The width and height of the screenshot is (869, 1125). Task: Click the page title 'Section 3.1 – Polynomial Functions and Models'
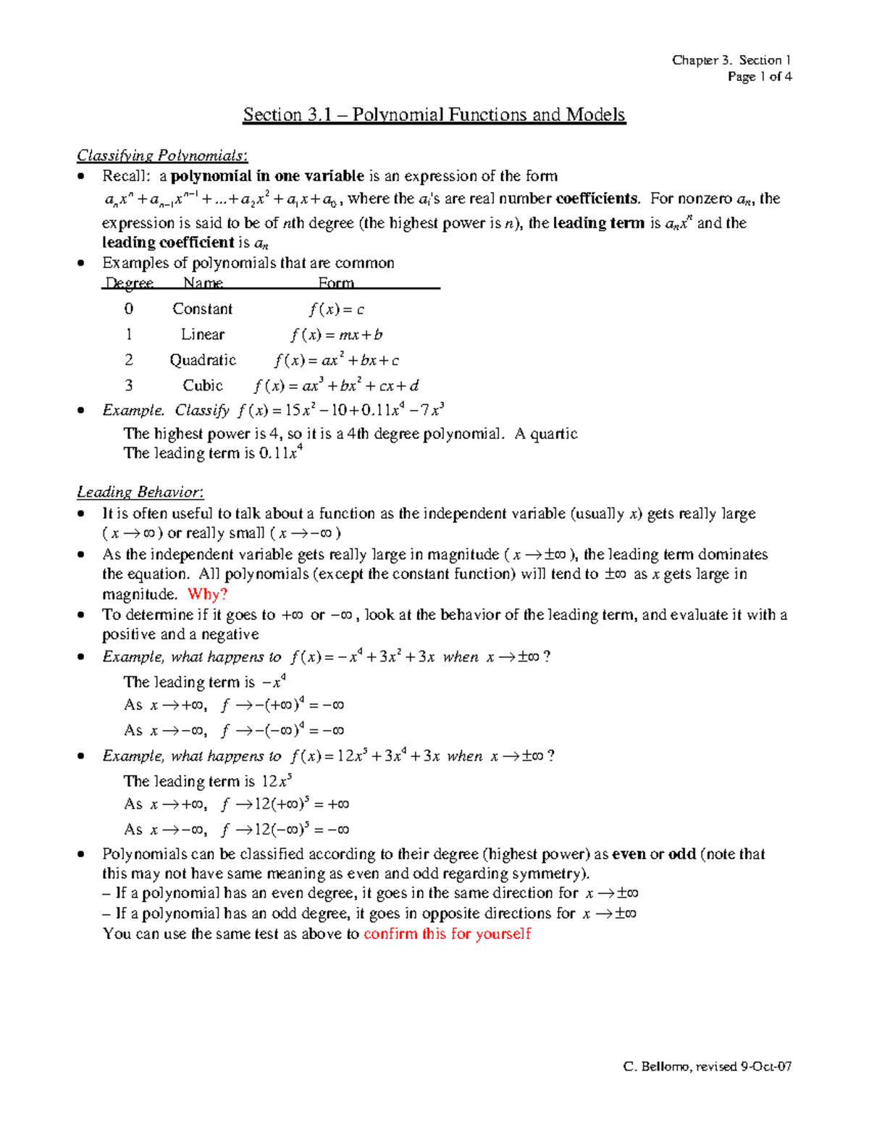[x=434, y=114]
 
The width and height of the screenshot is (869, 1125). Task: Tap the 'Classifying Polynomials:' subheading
[x=162, y=156]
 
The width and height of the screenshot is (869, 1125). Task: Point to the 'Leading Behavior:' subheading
[x=140, y=493]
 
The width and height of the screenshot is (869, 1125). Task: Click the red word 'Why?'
[x=208, y=595]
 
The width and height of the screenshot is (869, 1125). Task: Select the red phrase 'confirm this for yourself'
[x=447, y=934]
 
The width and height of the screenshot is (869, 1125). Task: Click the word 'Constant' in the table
[x=202, y=309]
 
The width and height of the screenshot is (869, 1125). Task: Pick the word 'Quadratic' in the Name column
[x=203, y=360]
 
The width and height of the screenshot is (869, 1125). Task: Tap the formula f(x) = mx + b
[x=337, y=335]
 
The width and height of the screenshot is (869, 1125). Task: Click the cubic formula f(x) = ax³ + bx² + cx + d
[x=336, y=385]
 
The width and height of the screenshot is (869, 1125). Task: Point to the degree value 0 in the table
[x=129, y=309]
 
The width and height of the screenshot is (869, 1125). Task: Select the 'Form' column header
[x=336, y=283]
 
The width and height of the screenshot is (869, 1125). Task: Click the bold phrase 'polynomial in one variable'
[x=267, y=176]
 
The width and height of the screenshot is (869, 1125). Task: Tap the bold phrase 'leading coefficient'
[x=168, y=243]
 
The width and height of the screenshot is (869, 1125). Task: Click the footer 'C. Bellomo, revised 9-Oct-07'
[x=707, y=1066]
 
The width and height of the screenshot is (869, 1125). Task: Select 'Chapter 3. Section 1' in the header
[x=731, y=60]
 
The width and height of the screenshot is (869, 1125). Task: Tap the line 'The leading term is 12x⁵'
[x=208, y=782]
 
